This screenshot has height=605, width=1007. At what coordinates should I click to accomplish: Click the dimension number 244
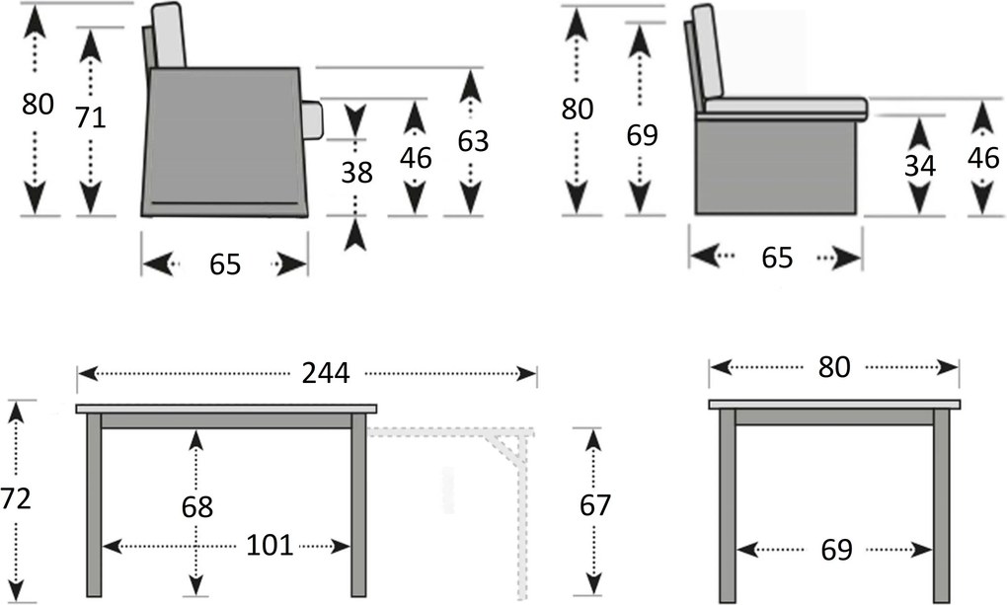click(326, 373)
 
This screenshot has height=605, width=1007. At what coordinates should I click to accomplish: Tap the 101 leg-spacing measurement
click(269, 545)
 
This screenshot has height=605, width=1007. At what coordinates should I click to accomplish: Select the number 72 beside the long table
click(16, 499)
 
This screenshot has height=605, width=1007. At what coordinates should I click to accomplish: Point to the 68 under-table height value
click(197, 506)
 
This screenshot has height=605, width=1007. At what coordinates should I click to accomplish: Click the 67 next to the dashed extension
click(594, 505)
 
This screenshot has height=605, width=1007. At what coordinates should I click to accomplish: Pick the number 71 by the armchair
click(90, 118)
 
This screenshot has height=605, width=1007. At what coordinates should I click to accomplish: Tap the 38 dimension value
click(356, 172)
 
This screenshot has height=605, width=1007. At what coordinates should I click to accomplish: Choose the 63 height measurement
click(472, 141)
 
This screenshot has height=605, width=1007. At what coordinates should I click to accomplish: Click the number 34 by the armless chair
click(919, 166)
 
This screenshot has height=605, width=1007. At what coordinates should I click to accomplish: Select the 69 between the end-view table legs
click(834, 549)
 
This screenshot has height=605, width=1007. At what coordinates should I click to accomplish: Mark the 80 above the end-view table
click(833, 367)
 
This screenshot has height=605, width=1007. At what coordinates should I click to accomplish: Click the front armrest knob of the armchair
click(312, 119)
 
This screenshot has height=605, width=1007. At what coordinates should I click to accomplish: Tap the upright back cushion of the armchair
click(169, 36)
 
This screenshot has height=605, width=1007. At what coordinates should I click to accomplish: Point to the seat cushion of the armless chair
click(785, 106)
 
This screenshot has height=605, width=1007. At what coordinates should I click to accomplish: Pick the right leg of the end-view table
click(941, 503)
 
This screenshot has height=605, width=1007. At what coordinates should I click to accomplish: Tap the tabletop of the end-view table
click(834, 404)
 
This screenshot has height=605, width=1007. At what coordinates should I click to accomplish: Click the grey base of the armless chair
click(775, 166)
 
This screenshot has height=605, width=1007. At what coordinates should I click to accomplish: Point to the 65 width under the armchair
click(225, 265)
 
